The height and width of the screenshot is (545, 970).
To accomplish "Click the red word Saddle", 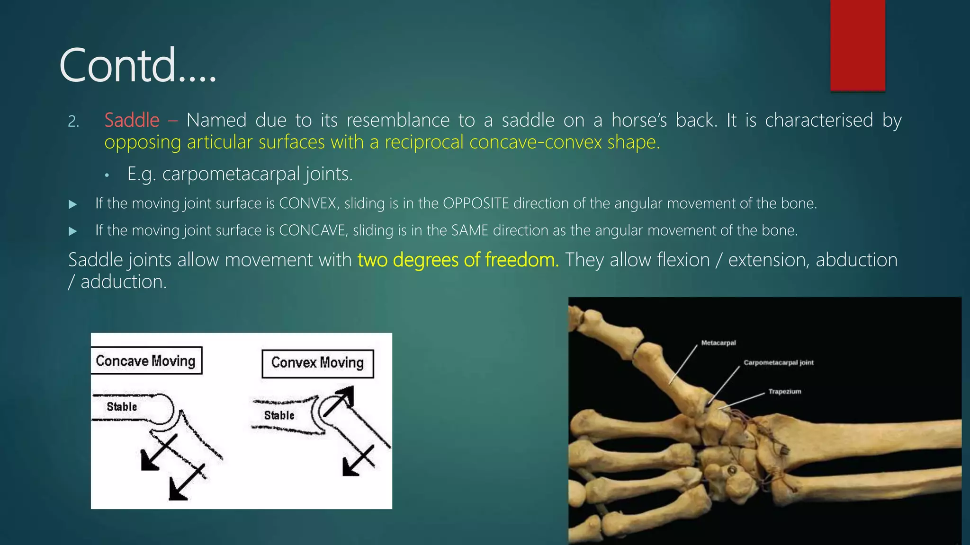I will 132,120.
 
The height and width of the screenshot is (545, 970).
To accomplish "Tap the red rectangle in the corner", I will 857,45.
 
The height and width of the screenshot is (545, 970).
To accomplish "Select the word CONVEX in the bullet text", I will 308,203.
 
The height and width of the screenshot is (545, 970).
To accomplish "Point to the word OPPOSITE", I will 476,203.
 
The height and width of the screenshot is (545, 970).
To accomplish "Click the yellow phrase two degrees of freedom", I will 458,260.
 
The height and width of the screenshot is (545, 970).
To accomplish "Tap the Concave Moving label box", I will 146,361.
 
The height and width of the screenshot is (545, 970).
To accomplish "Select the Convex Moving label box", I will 317,363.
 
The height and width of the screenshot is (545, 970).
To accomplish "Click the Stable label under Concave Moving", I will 122,407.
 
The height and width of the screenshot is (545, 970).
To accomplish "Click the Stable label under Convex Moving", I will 279,415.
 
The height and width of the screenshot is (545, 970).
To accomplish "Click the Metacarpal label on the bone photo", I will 718,343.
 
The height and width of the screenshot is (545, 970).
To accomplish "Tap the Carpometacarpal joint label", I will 778,363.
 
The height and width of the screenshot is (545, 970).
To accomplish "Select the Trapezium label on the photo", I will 784,392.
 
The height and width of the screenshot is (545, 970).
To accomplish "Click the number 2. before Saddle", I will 73,122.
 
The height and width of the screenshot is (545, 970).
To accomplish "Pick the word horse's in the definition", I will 639,120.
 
